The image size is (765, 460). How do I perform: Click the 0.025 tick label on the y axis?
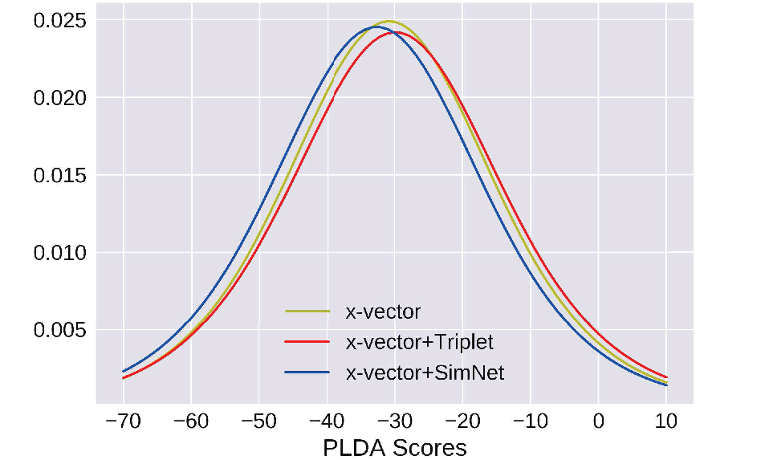(x=59, y=21)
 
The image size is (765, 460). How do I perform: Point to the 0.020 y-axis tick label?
(x=59, y=98)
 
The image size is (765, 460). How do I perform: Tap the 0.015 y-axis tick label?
(x=59, y=176)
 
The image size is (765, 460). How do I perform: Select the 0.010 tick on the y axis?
(x=59, y=253)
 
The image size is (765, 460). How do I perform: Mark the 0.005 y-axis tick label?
(x=59, y=330)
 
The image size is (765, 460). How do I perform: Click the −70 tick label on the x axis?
(x=124, y=421)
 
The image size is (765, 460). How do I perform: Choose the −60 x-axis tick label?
(x=191, y=421)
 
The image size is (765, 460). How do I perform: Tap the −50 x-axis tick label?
(x=259, y=421)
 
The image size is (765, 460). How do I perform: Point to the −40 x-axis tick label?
(x=327, y=421)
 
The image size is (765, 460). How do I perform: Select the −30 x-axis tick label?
(x=395, y=421)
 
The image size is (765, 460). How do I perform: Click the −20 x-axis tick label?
(x=462, y=421)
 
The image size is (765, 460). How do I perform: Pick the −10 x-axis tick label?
(x=531, y=421)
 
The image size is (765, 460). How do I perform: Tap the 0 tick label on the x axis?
(x=599, y=421)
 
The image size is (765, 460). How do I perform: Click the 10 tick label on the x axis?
(x=666, y=421)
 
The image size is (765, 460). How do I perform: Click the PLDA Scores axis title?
(x=395, y=448)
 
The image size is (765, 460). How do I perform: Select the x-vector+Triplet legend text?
(x=420, y=343)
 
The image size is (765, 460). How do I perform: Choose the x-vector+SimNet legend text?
(x=425, y=373)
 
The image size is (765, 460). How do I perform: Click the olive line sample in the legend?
(x=307, y=311)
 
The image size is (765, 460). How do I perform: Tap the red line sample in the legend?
(x=307, y=342)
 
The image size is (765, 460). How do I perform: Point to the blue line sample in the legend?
(x=307, y=372)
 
